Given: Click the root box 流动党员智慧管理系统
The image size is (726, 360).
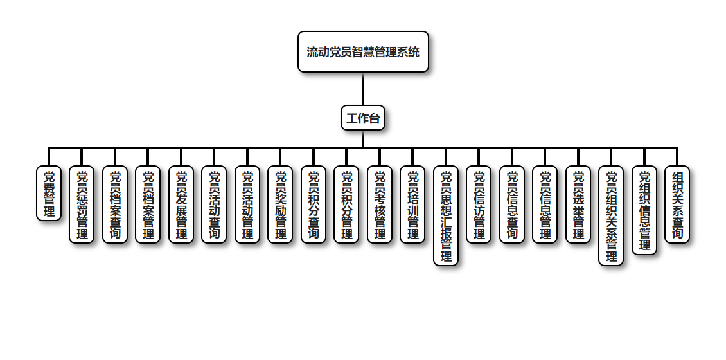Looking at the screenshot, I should pyautogui.click(x=363, y=52).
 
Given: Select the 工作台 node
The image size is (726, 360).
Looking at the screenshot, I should pyautogui.click(x=363, y=118).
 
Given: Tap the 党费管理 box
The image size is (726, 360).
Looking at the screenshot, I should pyautogui.click(x=49, y=194).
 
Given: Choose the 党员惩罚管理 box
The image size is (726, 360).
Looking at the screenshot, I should pyautogui.click(x=82, y=204).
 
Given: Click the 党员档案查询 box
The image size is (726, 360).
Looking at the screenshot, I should pyautogui.click(x=115, y=204).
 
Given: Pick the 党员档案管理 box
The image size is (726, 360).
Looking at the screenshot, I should pyautogui.click(x=148, y=204).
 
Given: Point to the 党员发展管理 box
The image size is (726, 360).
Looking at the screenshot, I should pyautogui.click(x=181, y=204).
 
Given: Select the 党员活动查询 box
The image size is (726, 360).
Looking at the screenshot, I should pyautogui.click(x=214, y=204).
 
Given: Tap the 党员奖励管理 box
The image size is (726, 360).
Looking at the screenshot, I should pyautogui.click(x=280, y=204).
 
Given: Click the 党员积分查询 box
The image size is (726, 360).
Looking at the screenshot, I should pyautogui.click(x=314, y=204).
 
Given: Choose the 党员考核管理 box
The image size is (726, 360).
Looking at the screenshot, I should pyautogui.click(x=380, y=204).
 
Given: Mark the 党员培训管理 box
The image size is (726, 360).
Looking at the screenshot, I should pyautogui.click(x=412, y=204).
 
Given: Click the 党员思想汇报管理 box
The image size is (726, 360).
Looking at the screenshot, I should pyautogui.click(x=446, y=215).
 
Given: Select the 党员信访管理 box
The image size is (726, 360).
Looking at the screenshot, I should pyautogui.click(x=479, y=204).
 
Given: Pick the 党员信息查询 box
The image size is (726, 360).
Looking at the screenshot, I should pyautogui.click(x=512, y=204).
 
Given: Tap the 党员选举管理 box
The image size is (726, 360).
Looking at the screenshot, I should pyautogui.click(x=578, y=204).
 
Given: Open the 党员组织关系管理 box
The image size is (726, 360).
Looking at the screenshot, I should pyautogui.click(x=611, y=215).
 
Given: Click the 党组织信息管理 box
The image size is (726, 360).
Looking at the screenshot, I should pyautogui.click(x=644, y=210).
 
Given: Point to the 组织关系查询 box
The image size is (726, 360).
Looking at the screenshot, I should pyautogui.click(x=677, y=204).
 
